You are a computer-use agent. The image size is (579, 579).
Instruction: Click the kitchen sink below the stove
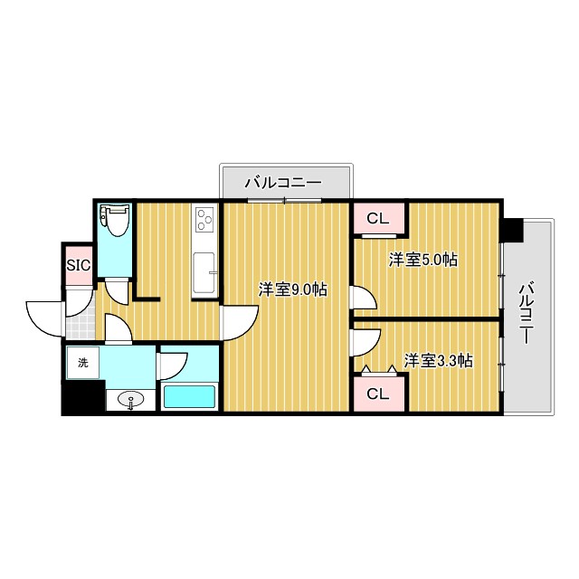[204, 273]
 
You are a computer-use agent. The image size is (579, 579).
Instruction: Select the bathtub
[189, 397]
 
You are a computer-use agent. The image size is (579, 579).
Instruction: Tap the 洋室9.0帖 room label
[292, 289]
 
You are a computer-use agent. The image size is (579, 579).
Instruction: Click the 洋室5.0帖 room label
[422, 261]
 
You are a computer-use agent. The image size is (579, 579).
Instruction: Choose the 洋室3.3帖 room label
[438, 360]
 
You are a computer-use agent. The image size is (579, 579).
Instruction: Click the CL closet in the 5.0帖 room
[378, 218]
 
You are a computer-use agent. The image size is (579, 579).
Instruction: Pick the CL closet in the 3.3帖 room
[378, 394]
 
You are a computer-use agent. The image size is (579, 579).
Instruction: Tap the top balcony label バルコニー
[283, 183]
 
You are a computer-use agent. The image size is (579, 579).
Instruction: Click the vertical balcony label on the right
[526, 313]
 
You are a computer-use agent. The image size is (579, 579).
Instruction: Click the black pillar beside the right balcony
[512, 230]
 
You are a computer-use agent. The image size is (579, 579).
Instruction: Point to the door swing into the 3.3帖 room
[364, 342]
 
